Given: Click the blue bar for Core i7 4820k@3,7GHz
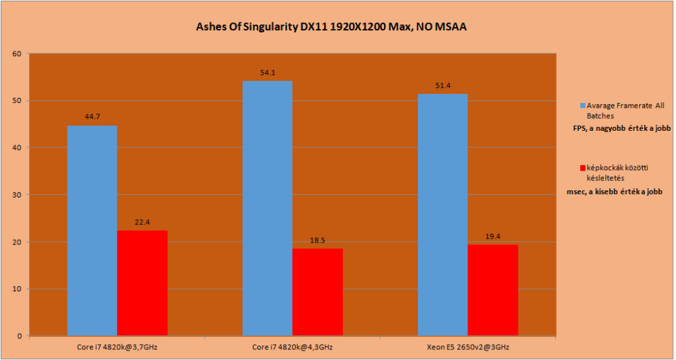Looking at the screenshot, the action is click(x=92, y=231).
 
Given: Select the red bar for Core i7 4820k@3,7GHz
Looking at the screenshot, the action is click(x=143, y=283).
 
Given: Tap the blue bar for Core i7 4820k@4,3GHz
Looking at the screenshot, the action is click(x=267, y=208).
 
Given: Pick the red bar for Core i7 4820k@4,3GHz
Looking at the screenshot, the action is click(x=318, y=292).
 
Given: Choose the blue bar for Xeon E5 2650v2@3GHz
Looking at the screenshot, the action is click(x=443, y=215).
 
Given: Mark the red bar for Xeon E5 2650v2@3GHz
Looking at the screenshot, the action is click(x=492, y=290).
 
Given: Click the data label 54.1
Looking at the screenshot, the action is click(x=267, y=73).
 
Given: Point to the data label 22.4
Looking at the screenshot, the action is click(x=143, y=223).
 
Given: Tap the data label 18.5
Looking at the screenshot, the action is click(x=318, y=240).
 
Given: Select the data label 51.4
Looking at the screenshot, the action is click(x=443, y=86).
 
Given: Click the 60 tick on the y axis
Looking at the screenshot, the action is click(x=18, y=54).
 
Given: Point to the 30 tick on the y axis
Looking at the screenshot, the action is click(x=18, y=195).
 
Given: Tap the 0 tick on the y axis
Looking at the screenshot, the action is click(x=20, y=336).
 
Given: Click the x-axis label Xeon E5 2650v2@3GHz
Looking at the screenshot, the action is click(x=468, y=347).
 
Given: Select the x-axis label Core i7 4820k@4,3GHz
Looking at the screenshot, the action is click(x=292, y=347).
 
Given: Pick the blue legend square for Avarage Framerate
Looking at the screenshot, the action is click(x=582, y=106).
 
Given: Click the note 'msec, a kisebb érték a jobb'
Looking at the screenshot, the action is click(x=614, y=191).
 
